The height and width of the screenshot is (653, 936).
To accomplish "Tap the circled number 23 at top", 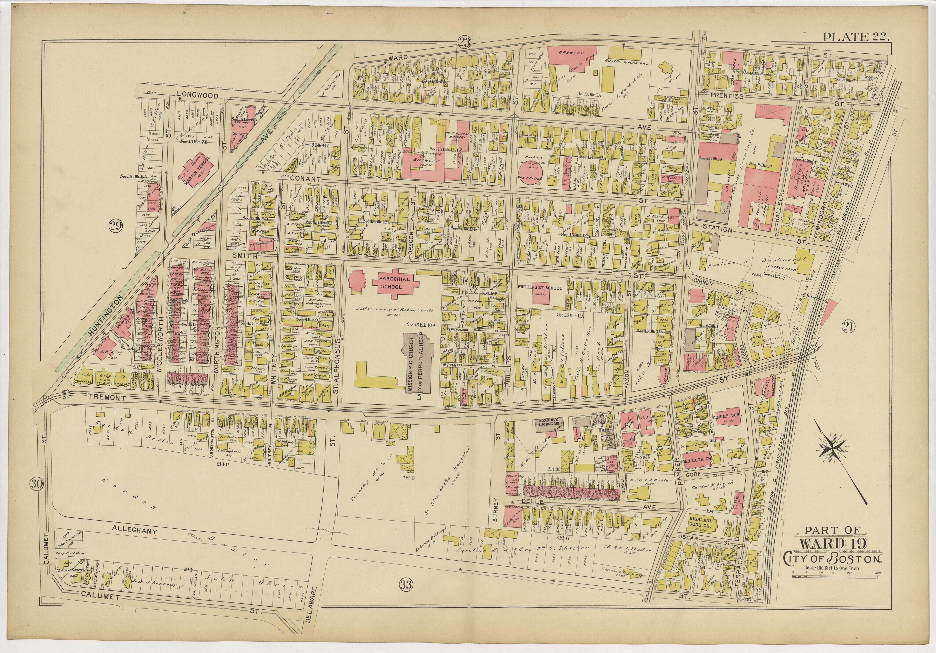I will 464,42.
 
